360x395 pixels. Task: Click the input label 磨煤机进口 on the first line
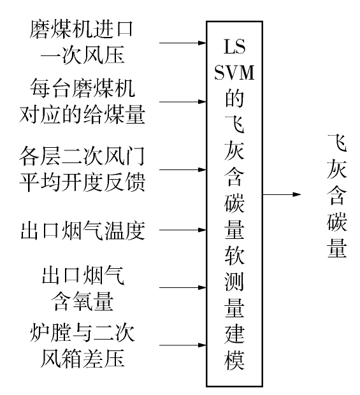(x=81, y=29)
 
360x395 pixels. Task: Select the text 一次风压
(x=82, y=55)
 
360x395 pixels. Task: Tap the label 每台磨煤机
(x=82, y=88)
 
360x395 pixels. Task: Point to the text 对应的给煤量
(x=82, y=114)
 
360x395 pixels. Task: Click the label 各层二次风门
(x=82, y=156)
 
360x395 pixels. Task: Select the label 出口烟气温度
(x=83, y=231)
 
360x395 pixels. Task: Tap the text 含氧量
(x=82, y=301)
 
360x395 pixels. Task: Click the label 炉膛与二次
(x=82, y=333)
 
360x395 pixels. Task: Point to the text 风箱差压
(x=82, y=358)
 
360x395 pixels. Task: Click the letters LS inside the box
(x=234, y=47)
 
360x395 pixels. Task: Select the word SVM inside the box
(x=234, y=73)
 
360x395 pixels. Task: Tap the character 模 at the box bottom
(x=234, y=361)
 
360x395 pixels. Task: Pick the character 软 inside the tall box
(x=234, y=255)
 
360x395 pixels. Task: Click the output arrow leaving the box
(x=282, y=194)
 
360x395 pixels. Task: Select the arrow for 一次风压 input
(x=183, y=43)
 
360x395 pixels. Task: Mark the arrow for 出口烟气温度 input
(x=183, y=230)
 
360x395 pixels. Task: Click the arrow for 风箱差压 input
(x=183, y=345)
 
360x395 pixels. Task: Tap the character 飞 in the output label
(x=337, y=143)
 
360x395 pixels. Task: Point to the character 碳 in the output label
(x=337, y=222)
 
